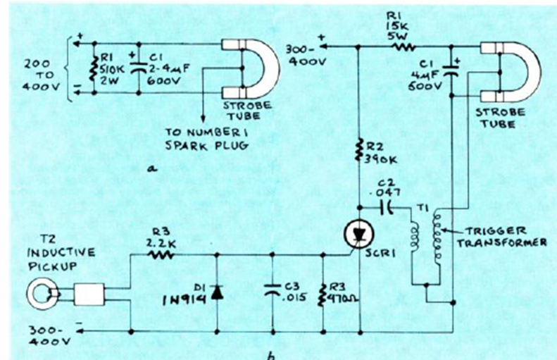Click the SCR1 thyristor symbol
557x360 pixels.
(x=359, y=235)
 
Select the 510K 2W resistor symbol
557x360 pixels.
(x=93, y=69)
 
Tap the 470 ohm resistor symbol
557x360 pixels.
(x=322, y=292)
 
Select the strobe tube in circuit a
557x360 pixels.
(x=250, y=68)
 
